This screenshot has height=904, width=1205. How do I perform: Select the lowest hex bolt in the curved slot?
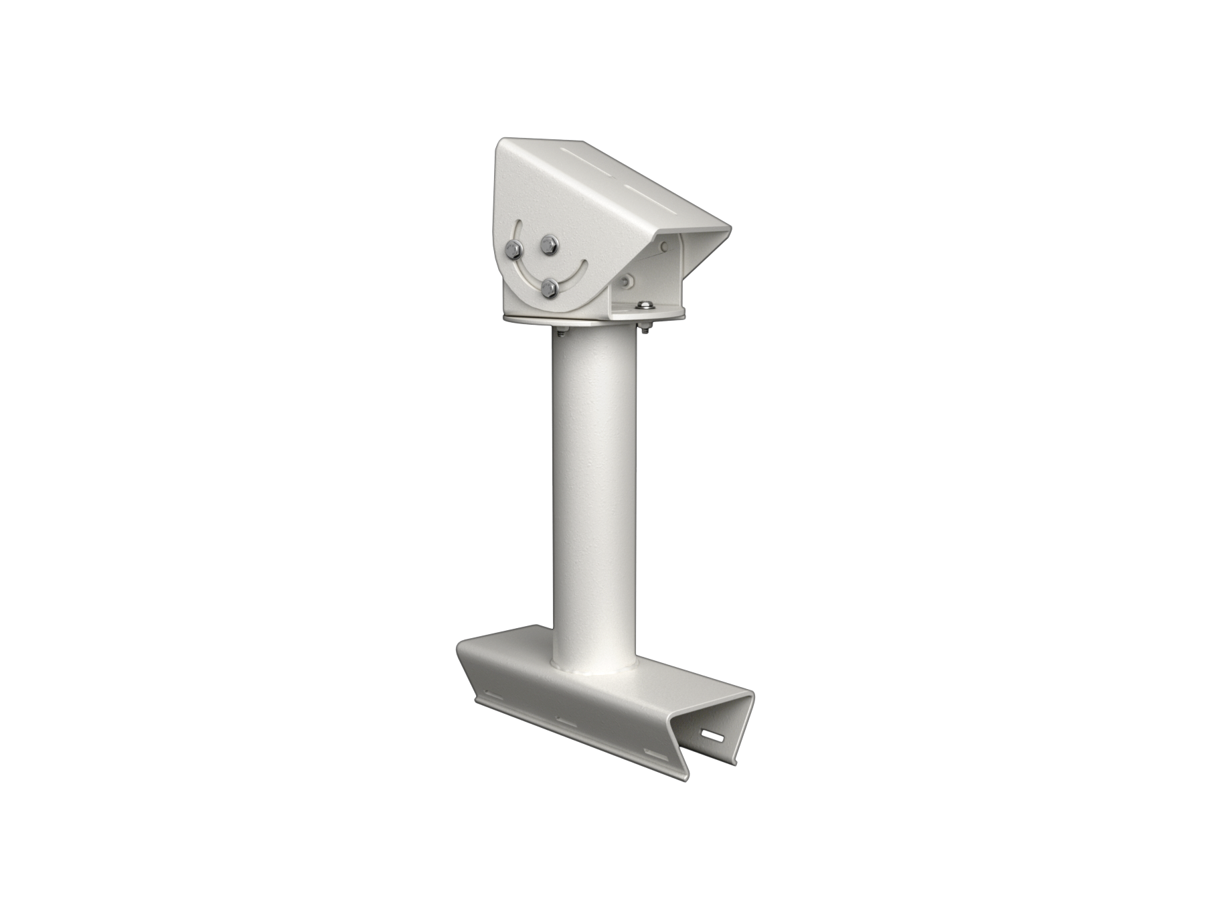550,288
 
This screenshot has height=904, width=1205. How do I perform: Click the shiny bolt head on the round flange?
645,306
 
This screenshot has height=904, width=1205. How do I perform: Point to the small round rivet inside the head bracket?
663,248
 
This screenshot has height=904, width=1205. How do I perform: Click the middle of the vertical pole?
594,496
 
